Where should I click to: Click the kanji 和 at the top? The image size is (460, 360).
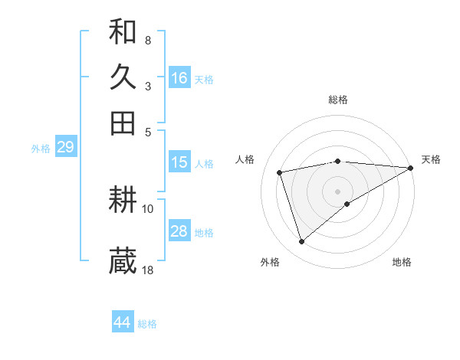pyautogui.click(x=123, y=32)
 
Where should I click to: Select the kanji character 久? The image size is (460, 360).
pyautogui.click(x=123, y=77)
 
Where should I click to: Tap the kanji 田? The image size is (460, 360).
pyautogui.click(x=123, y=123)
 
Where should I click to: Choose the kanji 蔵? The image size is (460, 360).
pyautogui.click(x=123, y=261)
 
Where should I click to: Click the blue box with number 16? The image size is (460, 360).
pyautogui.click(x=179, y=77)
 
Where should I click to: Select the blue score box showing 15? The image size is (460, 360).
pyautogui.click(x=179, y=162)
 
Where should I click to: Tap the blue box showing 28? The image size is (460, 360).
pyautogui.click(x=179, y=231)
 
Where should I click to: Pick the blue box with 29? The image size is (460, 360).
pyautogui.click(x=65, y=147)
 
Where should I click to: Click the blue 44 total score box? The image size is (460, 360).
pyautogui.click(x=123, y=322)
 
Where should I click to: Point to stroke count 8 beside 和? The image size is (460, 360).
pyautogui.click(x=147, y=40)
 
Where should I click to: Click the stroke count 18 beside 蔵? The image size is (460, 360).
pyautogui.click(x=148, y=270)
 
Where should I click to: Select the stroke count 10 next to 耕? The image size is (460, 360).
pyautogui.click(x=148, y=208)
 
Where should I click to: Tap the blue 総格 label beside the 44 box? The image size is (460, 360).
pyautogui.click(x=147, y=324)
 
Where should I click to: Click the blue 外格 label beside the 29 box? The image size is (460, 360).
pyautogui.click(x=40, y=149)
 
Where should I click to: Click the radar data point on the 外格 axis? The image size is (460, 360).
pyautogui.click(x=302, y=242)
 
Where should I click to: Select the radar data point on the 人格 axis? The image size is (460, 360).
pyautogui.click(x=281, y=172)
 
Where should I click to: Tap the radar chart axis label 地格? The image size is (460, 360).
pyautogui.click(x=402, y=263)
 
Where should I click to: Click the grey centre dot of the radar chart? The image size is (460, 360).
pyautogui.click(x=338, y=190)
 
